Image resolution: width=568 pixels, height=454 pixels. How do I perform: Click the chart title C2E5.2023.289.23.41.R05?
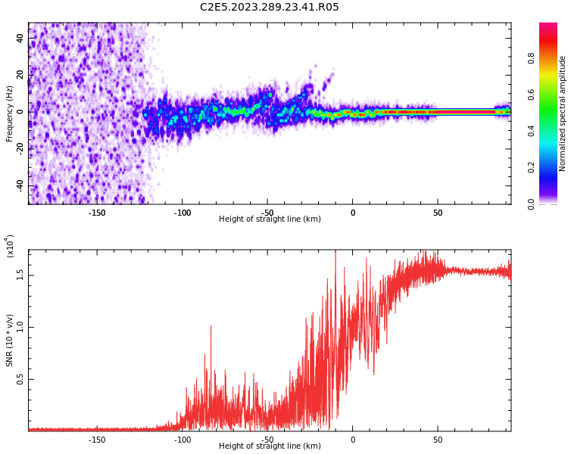coord(269,8)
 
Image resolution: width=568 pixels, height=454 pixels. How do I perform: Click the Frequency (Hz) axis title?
coord(10,113)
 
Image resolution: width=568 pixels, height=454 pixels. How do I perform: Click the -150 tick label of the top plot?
coord(97,213)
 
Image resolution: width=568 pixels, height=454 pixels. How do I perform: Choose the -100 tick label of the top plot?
coord(183,213)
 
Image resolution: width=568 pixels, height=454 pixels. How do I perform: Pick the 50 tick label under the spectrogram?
coord(438,213)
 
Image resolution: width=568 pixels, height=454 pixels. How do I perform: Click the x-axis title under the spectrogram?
coord(270,219)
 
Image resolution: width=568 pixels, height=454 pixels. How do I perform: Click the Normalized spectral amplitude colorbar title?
coord(563,113)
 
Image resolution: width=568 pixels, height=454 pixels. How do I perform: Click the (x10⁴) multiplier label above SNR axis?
coord(10,246)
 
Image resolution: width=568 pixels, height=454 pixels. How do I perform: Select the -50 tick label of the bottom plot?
coord(267,440)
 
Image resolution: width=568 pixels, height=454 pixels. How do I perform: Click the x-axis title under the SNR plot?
coord(270,446)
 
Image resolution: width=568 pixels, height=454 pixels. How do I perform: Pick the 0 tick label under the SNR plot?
coord(352,440)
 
